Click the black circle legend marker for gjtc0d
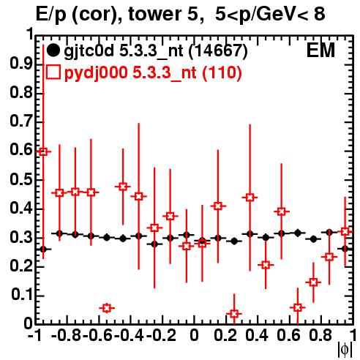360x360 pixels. pyautogui.click(x=53, y=50)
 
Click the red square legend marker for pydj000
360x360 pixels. pyautogui.click(x=53, y=72)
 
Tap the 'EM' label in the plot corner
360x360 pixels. pyautogui.click(x=320, y=50)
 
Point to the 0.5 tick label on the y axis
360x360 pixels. pyautogui.click(x=21, y=179)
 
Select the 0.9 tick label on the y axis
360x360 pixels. pyautogui.click(x=21, y=64)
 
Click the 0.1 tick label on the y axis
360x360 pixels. pyautogui.click(x=21, y=295)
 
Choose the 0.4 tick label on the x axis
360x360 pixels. pyautogui.click(x=257, y=335)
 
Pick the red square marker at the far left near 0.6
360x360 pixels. pyautogui.click(x=43, y=151)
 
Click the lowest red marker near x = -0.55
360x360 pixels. pyautogui.click(x=107, y=308)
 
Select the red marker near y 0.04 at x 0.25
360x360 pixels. pyautogui.click(x=234, y=314)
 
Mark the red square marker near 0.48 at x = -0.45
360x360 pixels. pyautogui.click(x=123, y=187)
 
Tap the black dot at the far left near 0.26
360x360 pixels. pyautogui.click(x=43, y=250)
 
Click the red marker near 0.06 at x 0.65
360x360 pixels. pyautogui.click(x=298, y=307)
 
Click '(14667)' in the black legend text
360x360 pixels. pyautogui.click(x=219, y=50)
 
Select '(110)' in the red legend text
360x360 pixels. pyautogui.click(x=222, y=72)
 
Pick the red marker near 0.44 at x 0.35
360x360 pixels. pyautogui.click(x=250, y=198)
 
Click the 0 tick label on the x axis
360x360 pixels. pyautogui.click(x=194, y=335)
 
